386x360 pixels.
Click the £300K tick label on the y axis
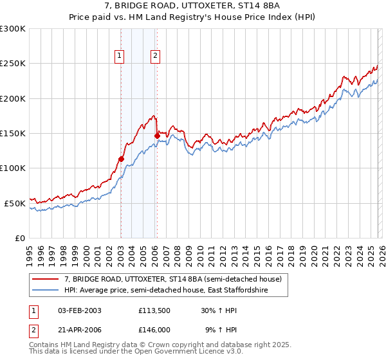pos(13,29)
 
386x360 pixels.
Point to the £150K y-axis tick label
pos(13,133)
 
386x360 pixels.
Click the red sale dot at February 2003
pos(121,159)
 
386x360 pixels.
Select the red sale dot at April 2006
pos(157,136)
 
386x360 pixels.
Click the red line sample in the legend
pos(45,279)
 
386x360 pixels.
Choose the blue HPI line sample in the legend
pos(45,291)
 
